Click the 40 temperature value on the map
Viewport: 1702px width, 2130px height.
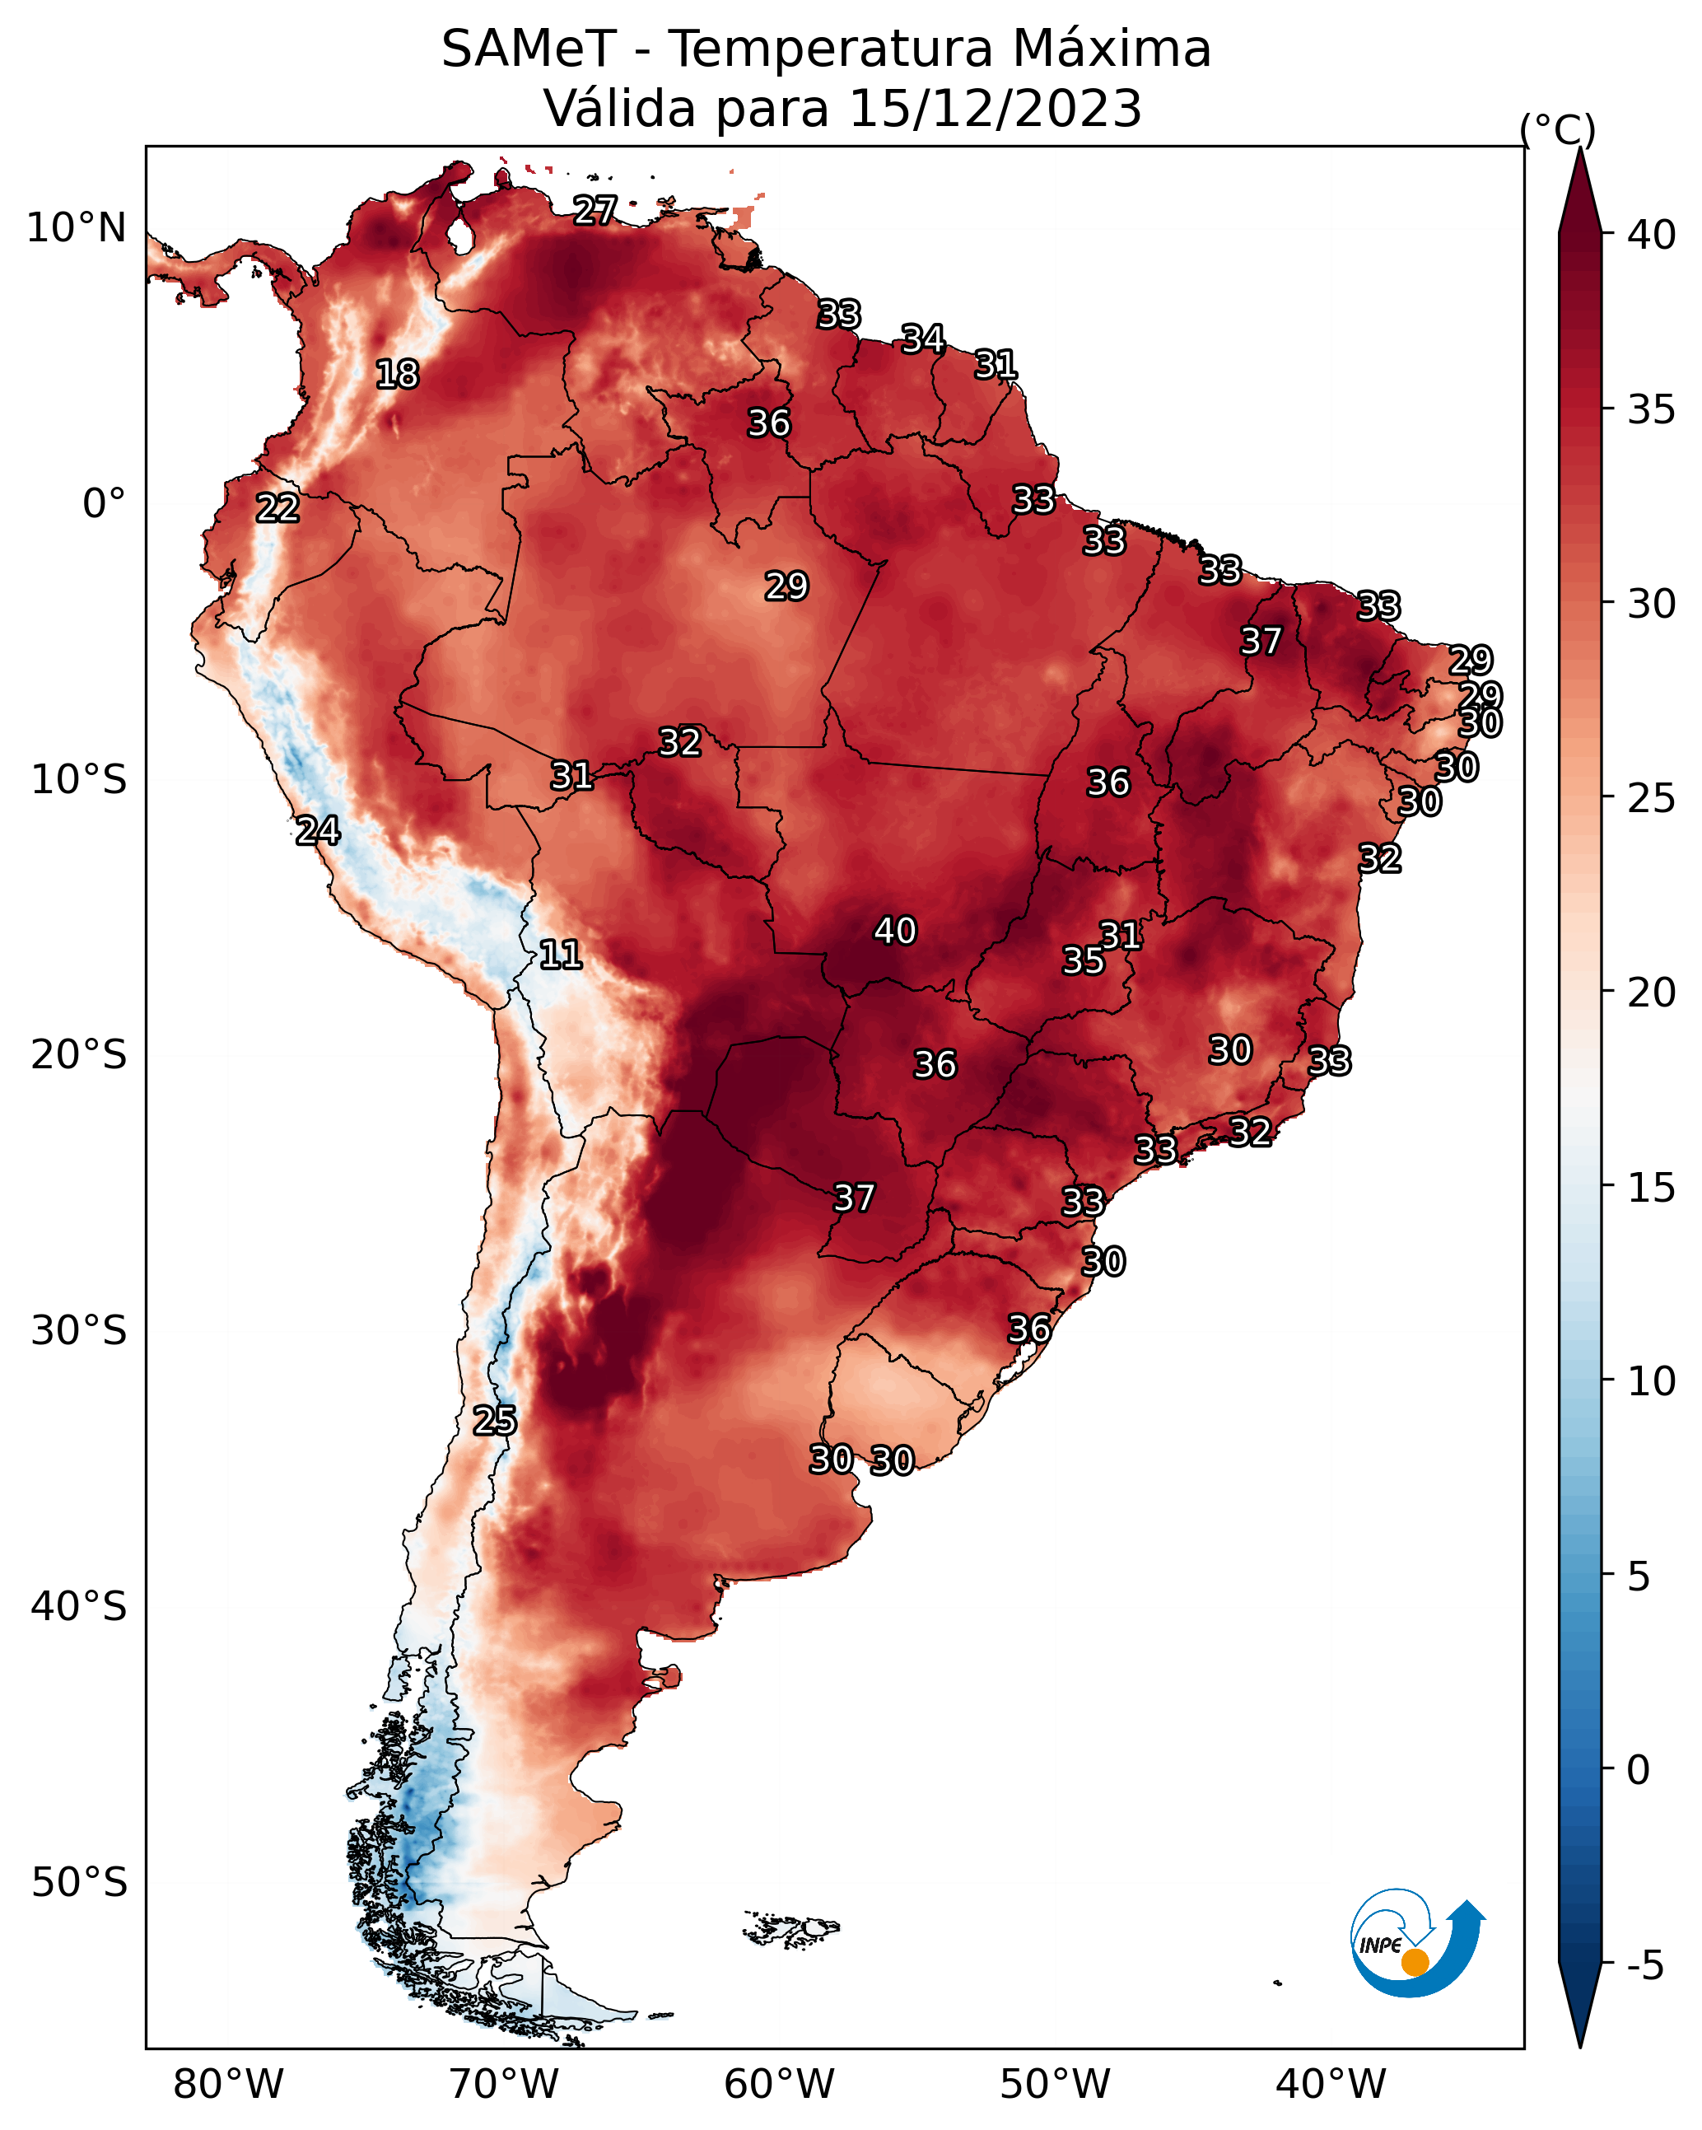895,931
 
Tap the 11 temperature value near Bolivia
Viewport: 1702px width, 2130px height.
560,955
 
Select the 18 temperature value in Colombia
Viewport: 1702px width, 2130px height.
397,375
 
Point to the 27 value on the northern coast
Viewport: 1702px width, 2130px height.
595,210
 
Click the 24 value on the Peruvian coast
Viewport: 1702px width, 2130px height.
318,831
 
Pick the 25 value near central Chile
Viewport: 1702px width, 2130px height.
494,1421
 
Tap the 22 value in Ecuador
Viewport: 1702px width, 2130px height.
277,508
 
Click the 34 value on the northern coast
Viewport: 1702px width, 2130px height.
922,339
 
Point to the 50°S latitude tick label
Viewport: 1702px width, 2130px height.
79,1883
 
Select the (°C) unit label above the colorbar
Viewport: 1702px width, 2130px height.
1558,129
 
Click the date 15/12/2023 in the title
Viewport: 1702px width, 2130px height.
995,109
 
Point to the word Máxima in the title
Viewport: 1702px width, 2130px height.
1103,49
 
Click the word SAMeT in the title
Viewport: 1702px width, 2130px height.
529,49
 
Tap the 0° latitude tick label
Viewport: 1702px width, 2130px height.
105,504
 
